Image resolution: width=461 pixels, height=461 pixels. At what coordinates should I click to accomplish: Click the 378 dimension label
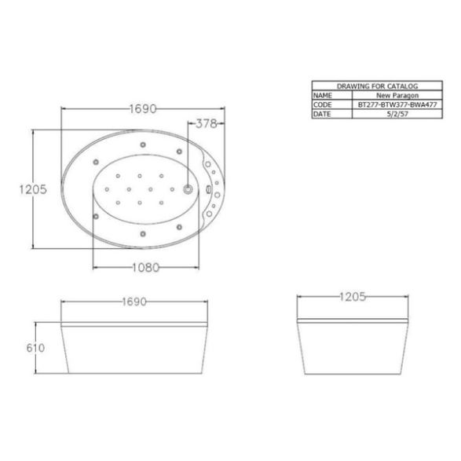pyautogui.click(x=206, y=124)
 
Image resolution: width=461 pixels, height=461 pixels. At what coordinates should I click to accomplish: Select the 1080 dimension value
pyautogui.click(x=146, y=268)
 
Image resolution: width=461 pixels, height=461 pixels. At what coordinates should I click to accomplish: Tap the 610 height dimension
pyautogui.click(x=35, y=348)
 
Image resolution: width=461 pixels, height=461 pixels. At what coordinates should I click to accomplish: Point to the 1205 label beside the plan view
pyautogui.click(x=33, y=189)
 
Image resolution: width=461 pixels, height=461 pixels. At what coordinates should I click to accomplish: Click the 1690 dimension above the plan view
pyautogui.click(x=143, y=109)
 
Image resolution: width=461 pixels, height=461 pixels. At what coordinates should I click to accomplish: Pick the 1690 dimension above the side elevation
pyautogui.click(x=134, y=302)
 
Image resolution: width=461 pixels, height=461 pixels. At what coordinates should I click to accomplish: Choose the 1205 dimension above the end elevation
pyautogui.click(x=353, y=297)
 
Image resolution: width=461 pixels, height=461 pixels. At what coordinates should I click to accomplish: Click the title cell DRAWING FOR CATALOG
pyautogui.click(x=377, y=86)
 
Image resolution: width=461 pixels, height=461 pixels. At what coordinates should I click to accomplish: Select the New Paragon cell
pyautogui.click(x=397, y=95)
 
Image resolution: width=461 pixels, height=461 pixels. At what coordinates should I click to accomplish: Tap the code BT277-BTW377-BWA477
pyautogui.click(x=397, y=104)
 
